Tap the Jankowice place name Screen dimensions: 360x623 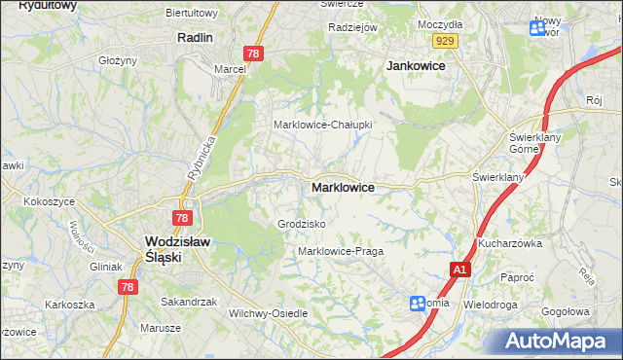coord(416,65)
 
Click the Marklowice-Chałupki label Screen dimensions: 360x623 coord(322,125)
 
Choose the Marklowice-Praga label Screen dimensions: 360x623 coord(341,251)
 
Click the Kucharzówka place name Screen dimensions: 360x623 coord(509,243)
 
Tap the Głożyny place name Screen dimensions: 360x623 coord(118,59)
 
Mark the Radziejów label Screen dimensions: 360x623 coord(352,27)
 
